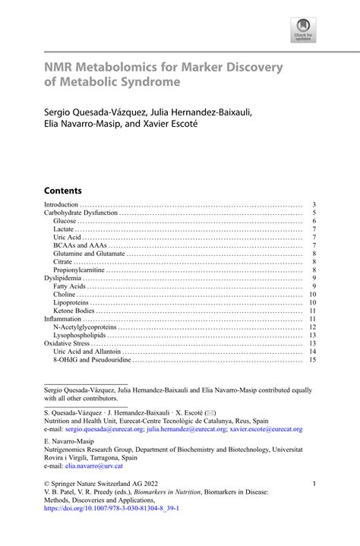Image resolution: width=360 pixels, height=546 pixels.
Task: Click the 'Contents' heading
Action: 63,190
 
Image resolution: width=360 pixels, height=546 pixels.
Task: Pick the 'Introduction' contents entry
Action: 62,205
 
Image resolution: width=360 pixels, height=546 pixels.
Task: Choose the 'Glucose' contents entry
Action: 65,221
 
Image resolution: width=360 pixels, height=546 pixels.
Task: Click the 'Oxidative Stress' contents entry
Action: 68,343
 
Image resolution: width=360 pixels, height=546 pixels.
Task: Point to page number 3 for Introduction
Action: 314,205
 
